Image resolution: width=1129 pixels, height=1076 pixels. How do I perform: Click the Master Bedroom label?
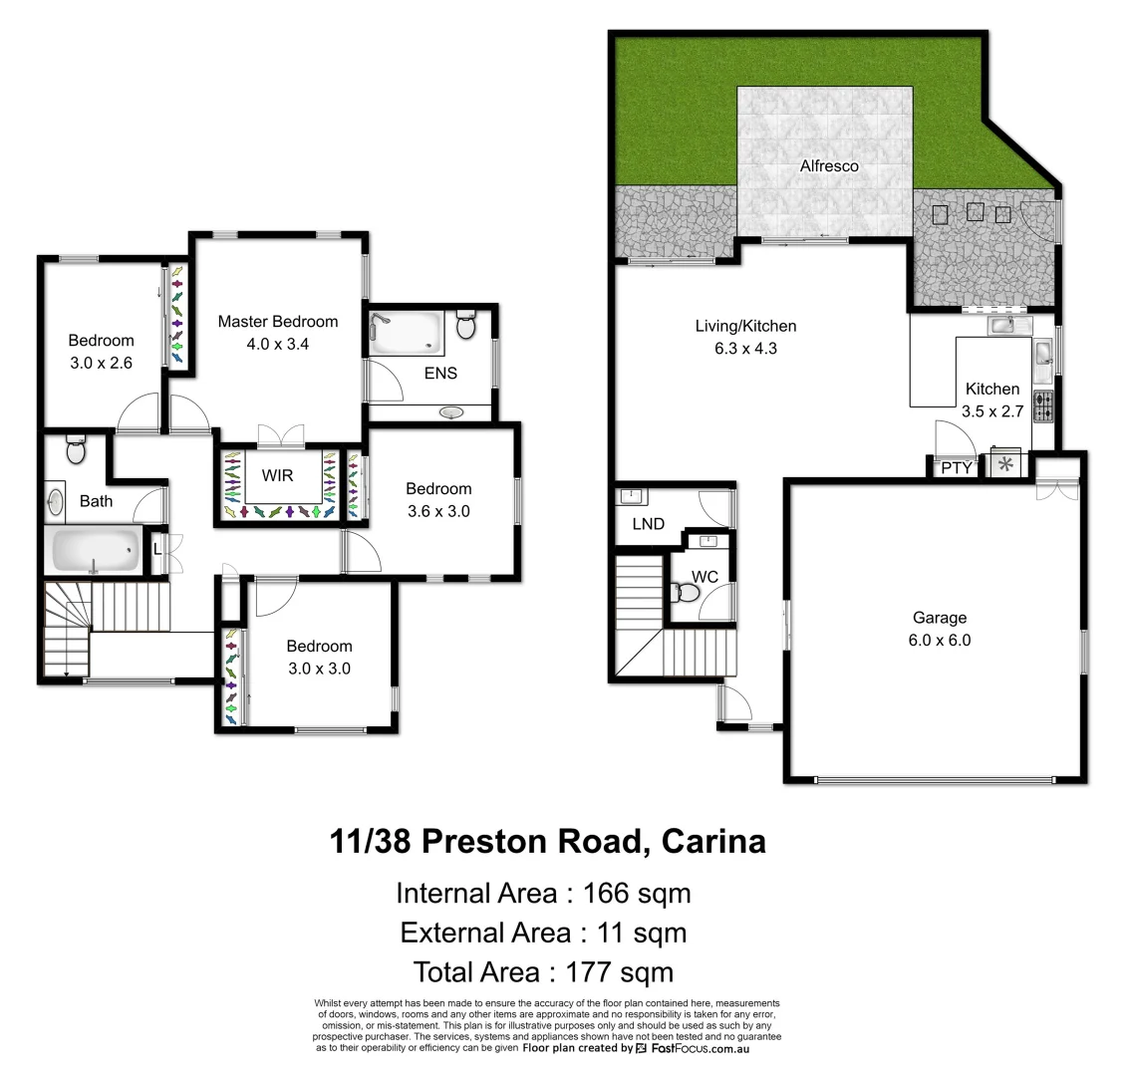coord(278,322)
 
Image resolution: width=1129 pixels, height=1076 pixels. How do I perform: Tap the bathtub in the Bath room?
coord(95,551)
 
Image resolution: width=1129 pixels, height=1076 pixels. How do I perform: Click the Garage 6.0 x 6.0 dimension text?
coord(939,641)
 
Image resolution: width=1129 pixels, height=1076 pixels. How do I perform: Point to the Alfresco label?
coord(829,166)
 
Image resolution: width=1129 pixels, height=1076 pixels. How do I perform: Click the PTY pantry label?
coord(956,467)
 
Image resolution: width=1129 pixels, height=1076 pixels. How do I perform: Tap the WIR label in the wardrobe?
coord(277,475)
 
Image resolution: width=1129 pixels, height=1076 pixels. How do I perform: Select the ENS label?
coord(440,373)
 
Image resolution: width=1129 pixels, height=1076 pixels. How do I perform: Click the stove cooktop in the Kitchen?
coord(1043,406)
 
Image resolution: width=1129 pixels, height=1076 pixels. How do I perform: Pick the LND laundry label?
coord(648,524)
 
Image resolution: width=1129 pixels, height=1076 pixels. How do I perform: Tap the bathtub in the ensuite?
coord(407,334)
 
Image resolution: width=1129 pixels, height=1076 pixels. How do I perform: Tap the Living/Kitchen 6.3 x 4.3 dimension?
coord(745,349)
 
